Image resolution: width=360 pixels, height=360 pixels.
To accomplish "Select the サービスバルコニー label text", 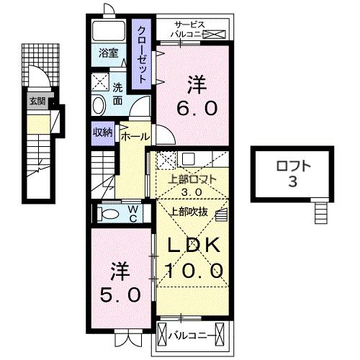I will (189, 29).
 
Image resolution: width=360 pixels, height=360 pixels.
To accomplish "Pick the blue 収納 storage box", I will (102, 132).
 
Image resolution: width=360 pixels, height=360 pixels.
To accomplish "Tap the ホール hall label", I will (135, 136).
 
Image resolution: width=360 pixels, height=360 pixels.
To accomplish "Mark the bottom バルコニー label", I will (189, 335).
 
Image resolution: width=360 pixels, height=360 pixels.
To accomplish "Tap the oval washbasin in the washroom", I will (99, 106).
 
